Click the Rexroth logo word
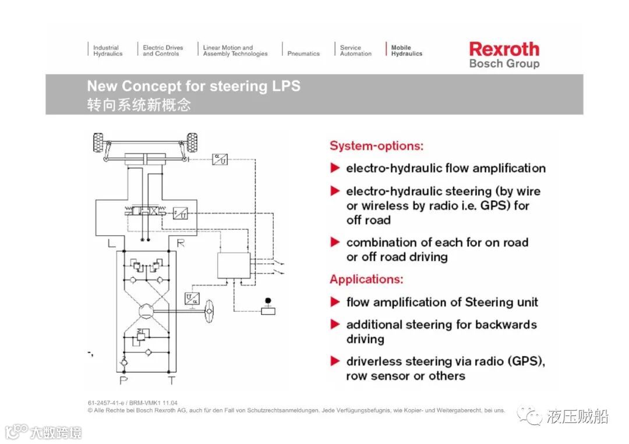[504, 49]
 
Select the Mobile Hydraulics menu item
[407, 51]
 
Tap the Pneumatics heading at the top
[303, 54]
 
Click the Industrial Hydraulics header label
[108, 51]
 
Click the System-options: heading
[376, 145]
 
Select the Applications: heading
[366, 279]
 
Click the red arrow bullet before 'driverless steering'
[335, 361]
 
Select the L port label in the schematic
[111, 243]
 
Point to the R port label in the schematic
[181, 243]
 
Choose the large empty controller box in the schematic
[234, 265]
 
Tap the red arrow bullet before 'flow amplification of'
[335, 302]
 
